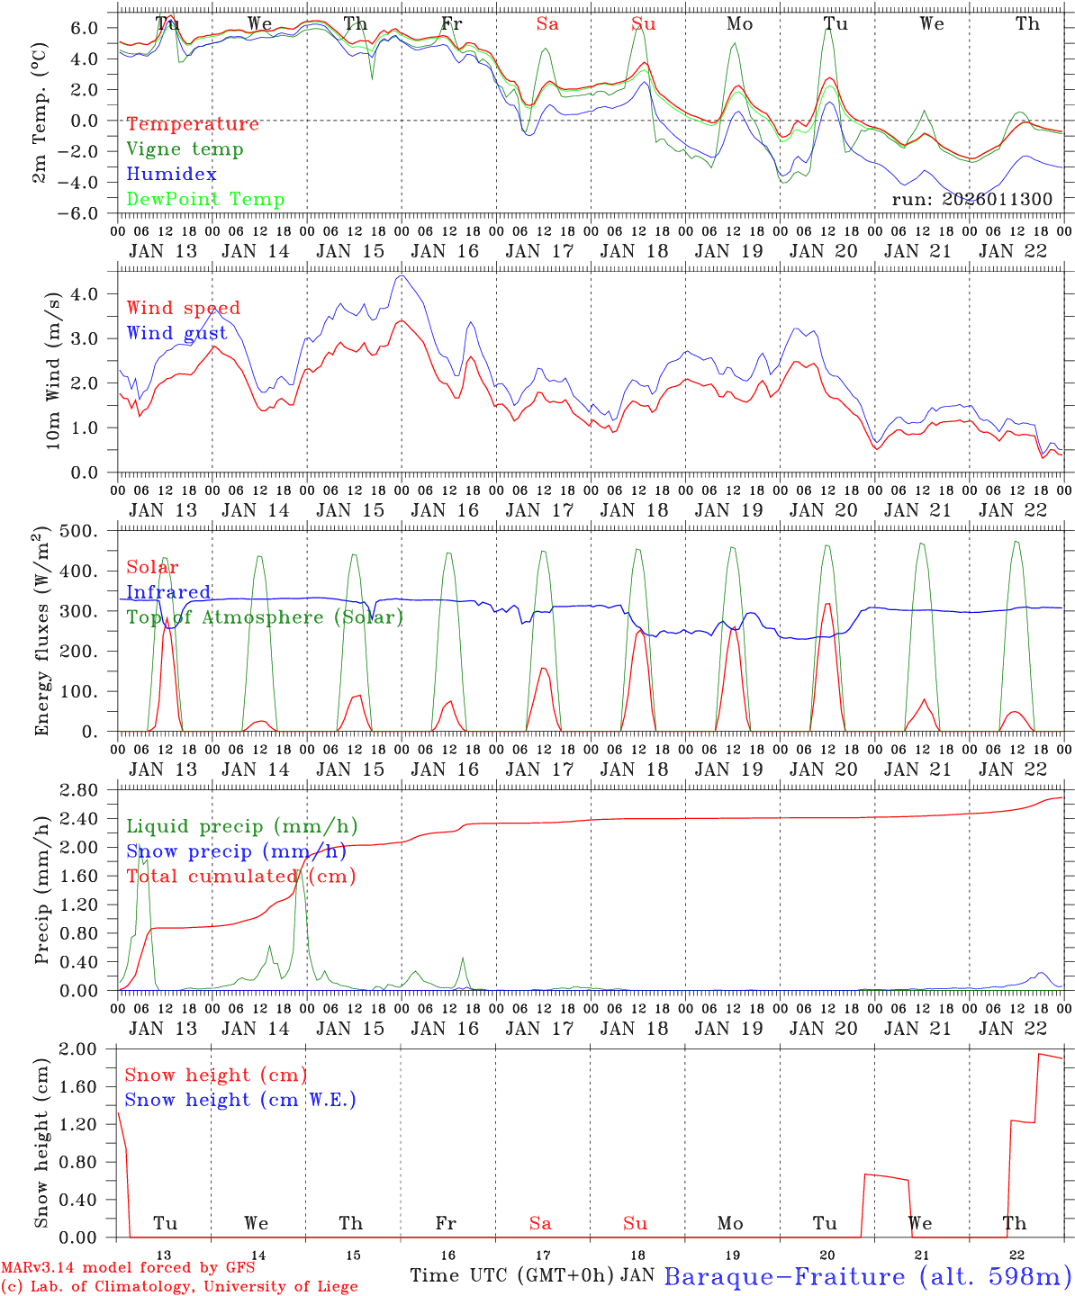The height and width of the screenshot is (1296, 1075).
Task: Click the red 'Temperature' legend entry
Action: click(193, 124)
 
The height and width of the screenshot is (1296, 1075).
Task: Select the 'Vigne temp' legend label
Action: click(185, 149)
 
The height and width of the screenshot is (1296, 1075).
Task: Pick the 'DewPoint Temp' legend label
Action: click(205, 200)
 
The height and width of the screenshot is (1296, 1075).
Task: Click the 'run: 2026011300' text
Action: click(971, 199)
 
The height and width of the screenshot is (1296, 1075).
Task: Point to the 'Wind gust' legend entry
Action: click(176, 333)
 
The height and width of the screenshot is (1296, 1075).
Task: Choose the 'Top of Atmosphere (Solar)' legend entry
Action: click(265, 617)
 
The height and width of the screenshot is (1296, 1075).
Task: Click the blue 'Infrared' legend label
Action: click(168, 592)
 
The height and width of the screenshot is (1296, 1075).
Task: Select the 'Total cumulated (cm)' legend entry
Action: click(241, 877)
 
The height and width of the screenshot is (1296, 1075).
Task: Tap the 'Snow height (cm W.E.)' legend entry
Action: click(240, 1100)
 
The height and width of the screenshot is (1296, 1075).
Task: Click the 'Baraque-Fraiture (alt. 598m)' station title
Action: click(867, 1276)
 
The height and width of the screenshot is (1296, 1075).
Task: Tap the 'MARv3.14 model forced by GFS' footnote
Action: click(128, 1269)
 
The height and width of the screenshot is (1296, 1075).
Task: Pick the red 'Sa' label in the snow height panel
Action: click(540, 1224)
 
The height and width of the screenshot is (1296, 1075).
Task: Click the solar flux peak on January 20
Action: click(827, 604)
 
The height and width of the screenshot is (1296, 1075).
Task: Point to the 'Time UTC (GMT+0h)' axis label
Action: click(512, 1275)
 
